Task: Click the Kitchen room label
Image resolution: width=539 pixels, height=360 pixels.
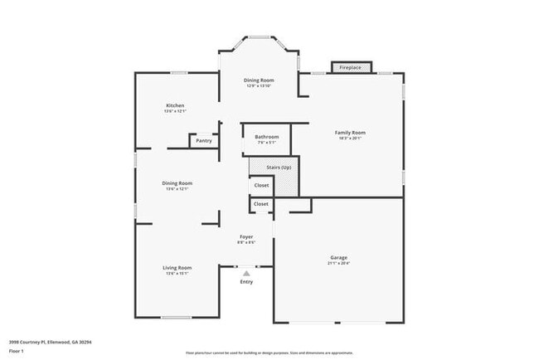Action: pyautogui.click(x=175, y=105)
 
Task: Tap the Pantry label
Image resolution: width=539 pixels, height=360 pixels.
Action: pyautogui.click(x=204, y=141)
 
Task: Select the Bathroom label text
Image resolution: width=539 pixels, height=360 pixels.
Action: pyautogui.click(x=267, y=137)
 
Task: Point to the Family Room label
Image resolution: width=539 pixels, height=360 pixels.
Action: pyautogui.click(x=350, y=133)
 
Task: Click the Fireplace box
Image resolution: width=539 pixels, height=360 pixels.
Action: pyautogui.click(x=351, y=67)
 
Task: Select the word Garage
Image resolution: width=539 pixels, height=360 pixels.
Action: pyautogui.click(x=338, y=257)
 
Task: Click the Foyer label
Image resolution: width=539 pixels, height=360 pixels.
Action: pyautogui.click(x=246, y=236)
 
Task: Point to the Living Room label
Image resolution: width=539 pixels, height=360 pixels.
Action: pyautogui.click(x=177, y=267)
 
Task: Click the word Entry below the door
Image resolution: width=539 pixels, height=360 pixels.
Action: pyautogui.click(x=246, y=282)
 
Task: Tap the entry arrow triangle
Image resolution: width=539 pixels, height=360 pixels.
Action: pyautogui.click(x=246, y=273)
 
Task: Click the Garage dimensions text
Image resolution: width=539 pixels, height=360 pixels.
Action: pyautogui.click(x=338, y=264)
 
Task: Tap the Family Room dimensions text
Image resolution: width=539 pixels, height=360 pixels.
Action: pyautogui.click(x=350, y=139)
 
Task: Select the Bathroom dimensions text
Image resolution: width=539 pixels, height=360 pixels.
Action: pyautogui.click(x=267, y=143)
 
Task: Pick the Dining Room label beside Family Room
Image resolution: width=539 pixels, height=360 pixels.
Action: pyautogui.click(x=259, y=80)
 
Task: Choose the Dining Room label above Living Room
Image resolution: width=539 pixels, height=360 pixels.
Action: pyautogui.click(x=177, y=183)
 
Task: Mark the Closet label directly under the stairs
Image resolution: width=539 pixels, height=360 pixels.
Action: pyautogui.click(x=261, y=186)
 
